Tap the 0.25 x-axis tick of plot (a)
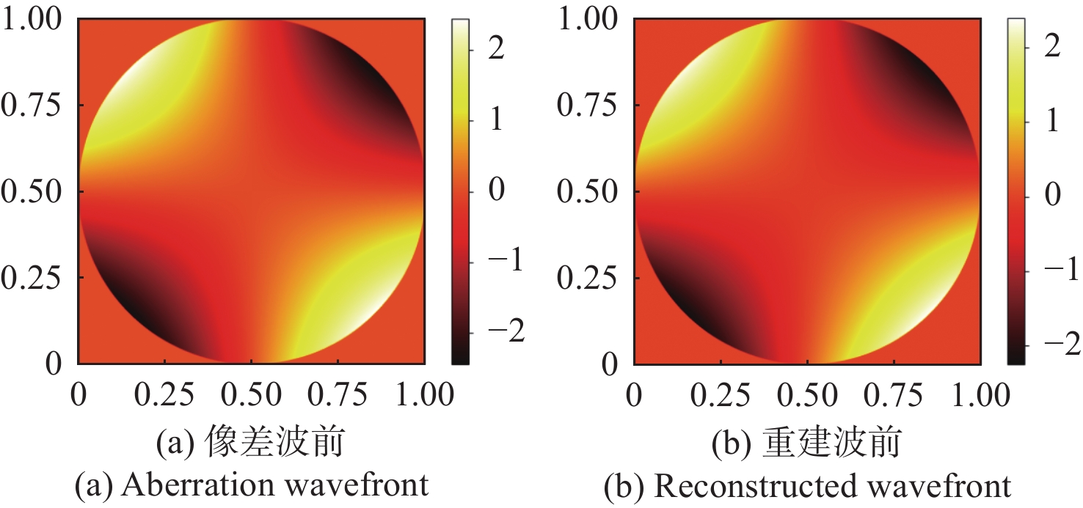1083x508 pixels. pyautogui.click(x=164, y=396)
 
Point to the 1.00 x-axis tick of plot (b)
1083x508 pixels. pyautogui.click(x=980, y=396)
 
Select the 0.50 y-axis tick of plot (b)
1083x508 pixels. pyautogui.click(x=589, y=192)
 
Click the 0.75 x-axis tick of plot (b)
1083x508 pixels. pyautogui.click(x=893, y=396)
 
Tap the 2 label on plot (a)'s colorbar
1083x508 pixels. pyautogui.click(x=496, y=49)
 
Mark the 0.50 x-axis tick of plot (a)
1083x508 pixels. pyautogui.click(x=251, y=396)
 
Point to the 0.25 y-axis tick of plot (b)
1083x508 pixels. pyautogui.click(x=589, y=278)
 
